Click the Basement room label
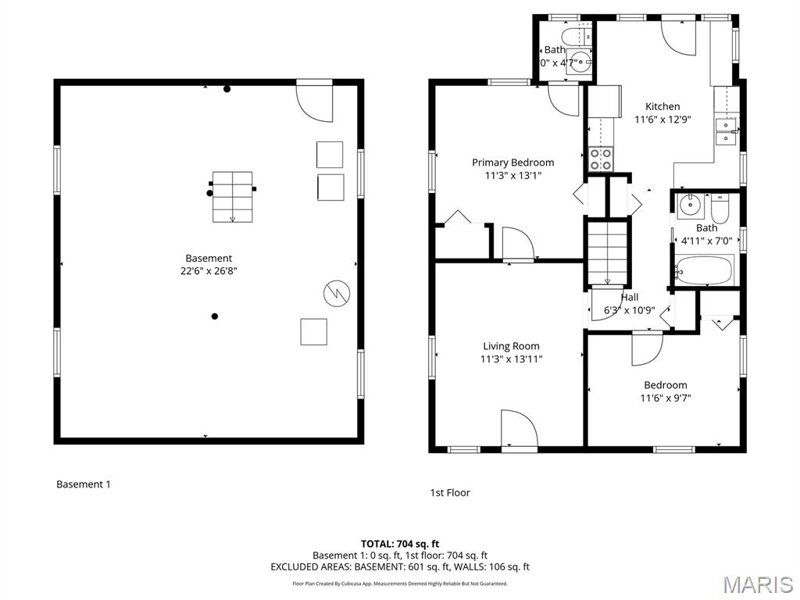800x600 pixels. pos(209,258)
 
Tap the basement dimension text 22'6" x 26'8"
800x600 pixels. pos(209,271)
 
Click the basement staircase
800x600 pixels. pos(232,197)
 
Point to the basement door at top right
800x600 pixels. pos(315,102)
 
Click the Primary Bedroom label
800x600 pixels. pos(512,162)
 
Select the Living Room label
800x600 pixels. pos(511,346)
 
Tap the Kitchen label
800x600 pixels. pos(662,106)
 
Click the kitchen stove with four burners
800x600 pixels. pos(600,159)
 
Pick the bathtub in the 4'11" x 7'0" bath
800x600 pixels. pos(704,271)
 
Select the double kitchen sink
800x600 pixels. pos(727,131)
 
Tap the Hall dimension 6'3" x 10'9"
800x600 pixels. pos(629,310)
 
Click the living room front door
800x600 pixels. pos(519,429)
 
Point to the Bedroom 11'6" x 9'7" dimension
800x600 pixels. pos(665,398)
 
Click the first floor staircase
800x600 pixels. pos(607,252)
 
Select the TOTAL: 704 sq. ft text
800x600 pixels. pos(399,544)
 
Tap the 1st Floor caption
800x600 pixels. pos(450,492)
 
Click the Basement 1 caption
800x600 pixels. pos(84,484)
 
